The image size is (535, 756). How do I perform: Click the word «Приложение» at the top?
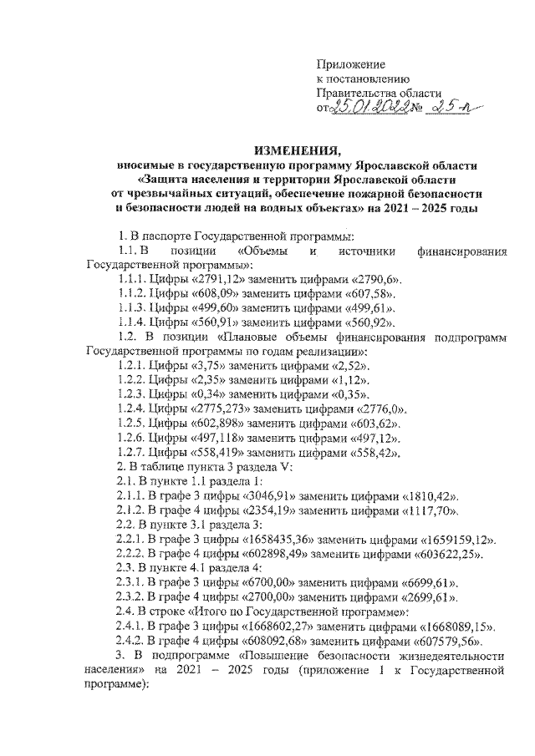pyautogui.click(x=350, y=64)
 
